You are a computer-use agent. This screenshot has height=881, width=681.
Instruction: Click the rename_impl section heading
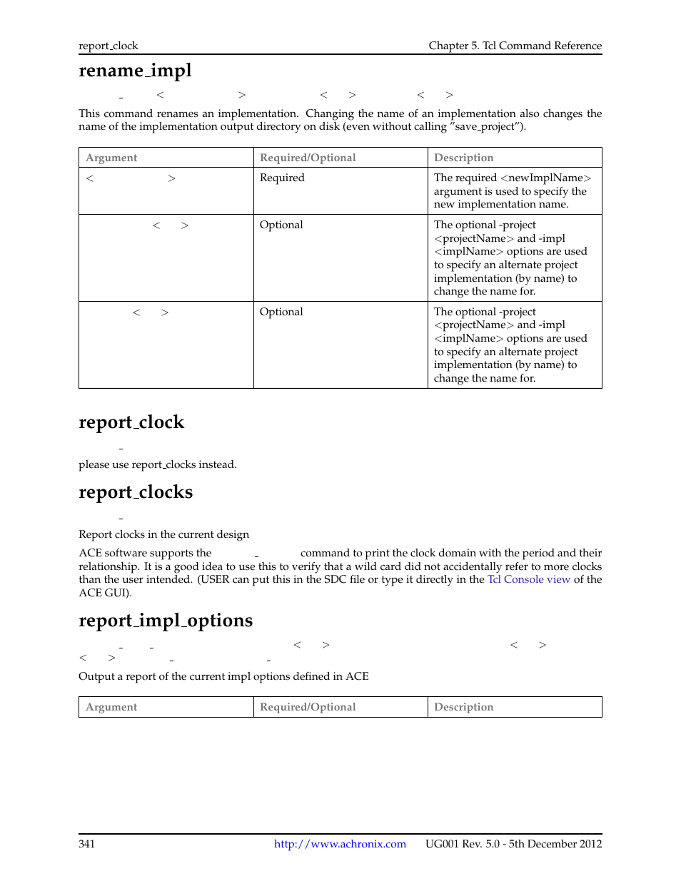coord(135,71)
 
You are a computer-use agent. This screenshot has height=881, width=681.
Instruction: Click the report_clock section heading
coord(131,422)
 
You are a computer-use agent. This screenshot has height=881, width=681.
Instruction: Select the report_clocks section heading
coord(136,492)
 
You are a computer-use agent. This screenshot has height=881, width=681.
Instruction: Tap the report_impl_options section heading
coord(166,621)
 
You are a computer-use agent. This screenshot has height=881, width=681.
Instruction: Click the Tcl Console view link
coord(528,579)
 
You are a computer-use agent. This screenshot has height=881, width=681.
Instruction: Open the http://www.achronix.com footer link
coord(340,844)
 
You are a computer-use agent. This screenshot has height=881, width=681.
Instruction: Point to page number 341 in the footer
coord(86,844)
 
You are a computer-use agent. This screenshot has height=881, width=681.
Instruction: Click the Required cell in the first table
coord(282,178)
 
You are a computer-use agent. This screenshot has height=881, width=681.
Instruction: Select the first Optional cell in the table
coord(281,225)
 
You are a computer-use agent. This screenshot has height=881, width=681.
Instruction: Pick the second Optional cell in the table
coord(281,312)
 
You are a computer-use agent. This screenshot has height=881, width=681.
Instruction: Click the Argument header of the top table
coord(111,158)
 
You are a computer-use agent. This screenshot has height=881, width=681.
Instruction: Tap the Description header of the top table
coord(463,158)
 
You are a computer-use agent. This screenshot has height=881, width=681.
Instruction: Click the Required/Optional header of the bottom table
coord(308,707)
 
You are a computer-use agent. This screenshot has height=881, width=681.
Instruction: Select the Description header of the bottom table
coord(463,707)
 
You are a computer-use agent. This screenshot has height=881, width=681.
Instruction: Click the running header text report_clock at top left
coord(109,46)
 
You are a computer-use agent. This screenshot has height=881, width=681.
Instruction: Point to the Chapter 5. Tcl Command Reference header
coord(515,46)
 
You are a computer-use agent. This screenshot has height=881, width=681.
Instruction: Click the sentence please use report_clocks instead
coord(157,464)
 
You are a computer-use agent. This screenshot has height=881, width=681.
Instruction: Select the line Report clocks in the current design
coord(163,534)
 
